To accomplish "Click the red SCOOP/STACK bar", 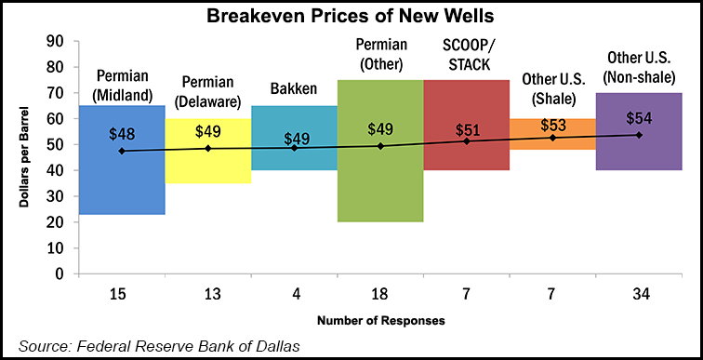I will point(466,153).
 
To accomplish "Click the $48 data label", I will point(122,132).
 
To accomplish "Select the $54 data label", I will point(639,118).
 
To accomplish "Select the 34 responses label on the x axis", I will point(639,295).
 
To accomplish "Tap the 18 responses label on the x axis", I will point(380,295).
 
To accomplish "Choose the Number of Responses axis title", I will point(380,321).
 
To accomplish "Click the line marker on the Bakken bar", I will point(294,148).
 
